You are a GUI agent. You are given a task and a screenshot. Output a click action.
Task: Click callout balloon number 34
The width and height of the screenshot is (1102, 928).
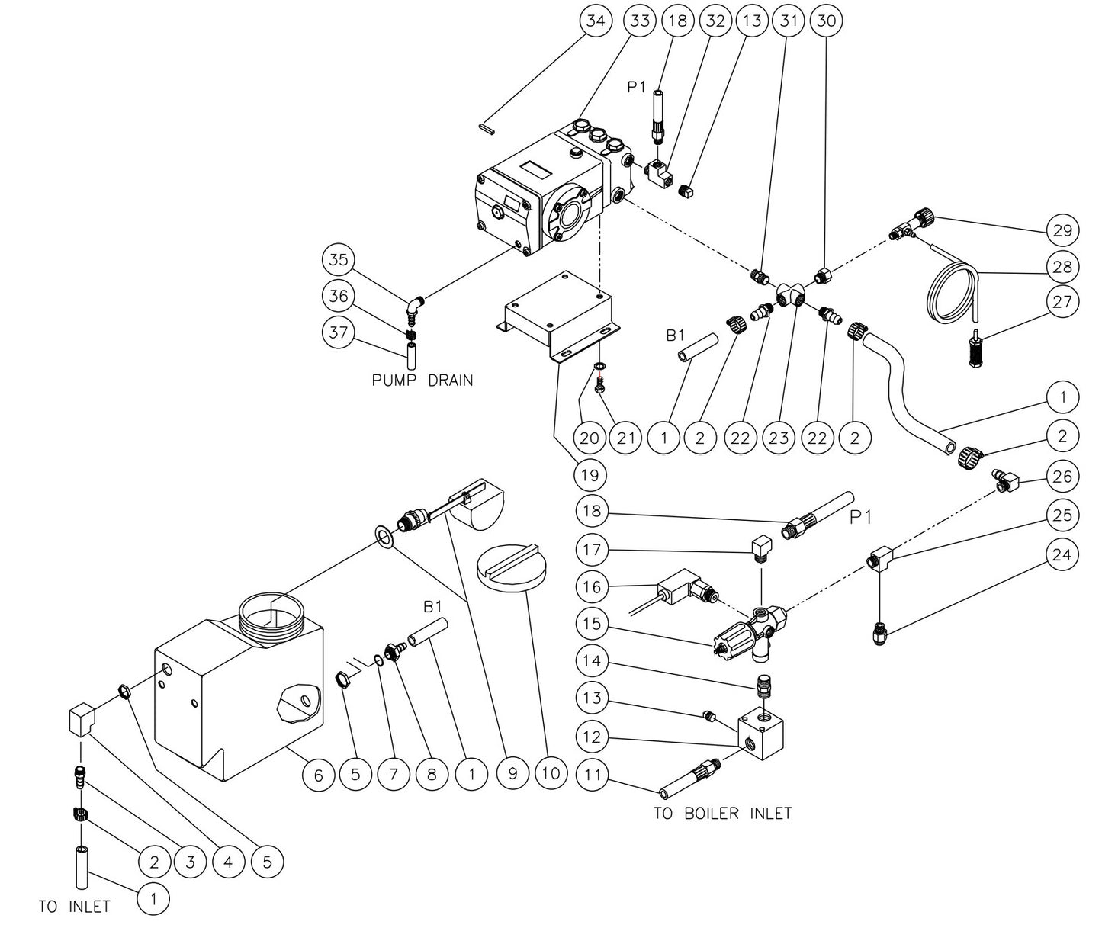[596, 21]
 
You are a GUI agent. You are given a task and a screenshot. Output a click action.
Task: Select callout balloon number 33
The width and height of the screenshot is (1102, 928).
[639, 21]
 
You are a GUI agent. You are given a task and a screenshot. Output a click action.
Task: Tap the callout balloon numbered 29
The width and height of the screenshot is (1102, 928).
[1063, 230]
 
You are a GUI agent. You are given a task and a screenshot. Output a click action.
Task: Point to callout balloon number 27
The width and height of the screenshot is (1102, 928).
[1063, 302]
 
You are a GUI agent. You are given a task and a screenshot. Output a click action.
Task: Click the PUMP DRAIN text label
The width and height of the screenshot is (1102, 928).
[422, 380]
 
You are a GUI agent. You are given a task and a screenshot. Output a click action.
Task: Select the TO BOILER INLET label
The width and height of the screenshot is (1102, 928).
[722, 814]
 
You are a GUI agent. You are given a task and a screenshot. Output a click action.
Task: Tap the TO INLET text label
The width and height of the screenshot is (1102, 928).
[74, 907]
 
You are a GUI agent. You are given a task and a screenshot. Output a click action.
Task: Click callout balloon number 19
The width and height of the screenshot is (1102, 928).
[590, 474]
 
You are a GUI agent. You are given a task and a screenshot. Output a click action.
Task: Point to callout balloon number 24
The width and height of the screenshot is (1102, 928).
[1063, 554]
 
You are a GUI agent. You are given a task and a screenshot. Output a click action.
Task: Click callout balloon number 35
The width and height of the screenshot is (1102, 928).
[339, 259]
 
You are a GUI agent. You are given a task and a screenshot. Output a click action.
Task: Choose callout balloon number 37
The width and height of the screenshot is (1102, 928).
[339, 333]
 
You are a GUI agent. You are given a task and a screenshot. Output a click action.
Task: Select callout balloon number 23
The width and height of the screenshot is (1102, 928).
[778, 438]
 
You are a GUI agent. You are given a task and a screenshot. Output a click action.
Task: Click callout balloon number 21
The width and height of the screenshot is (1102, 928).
[625, 438]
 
